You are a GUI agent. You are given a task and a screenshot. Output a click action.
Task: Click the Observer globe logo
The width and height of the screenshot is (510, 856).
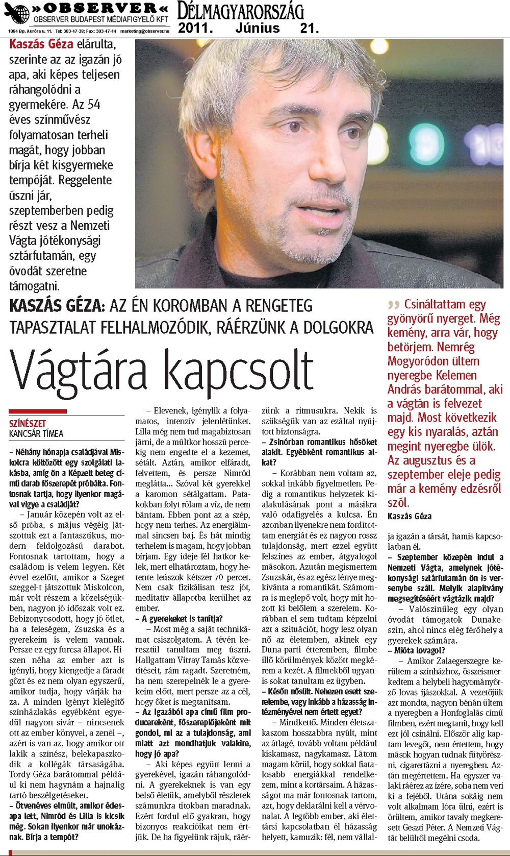tap(17, 14)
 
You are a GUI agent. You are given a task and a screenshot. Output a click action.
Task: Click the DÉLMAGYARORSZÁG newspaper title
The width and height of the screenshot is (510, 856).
tap(240, 11)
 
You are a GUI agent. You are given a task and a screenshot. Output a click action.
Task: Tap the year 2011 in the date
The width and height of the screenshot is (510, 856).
tap(195, 28)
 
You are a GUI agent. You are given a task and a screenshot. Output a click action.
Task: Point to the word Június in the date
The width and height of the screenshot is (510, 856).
tap(257, 28)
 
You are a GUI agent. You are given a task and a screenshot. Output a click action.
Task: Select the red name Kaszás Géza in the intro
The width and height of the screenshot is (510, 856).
tap(41, 44)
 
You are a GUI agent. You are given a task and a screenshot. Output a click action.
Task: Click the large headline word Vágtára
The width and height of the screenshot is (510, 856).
tap(82, 371)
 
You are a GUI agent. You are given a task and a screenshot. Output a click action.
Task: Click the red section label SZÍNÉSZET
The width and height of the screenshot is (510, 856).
tap(28, 424)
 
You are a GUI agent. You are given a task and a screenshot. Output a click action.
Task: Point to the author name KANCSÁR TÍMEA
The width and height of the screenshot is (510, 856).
tap(36, 434)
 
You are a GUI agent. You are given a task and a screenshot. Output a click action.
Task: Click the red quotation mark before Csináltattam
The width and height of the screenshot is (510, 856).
tap(393, 305)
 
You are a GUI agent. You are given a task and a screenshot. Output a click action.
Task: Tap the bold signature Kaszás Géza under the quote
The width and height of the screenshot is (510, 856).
tap(409, 516)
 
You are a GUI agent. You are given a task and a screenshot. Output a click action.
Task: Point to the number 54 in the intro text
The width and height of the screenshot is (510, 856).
tap(94, 105)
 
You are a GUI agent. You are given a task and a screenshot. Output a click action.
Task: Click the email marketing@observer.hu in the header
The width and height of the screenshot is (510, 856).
tap(145, 31)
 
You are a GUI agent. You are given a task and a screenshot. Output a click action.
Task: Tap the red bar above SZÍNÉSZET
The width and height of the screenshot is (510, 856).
tap(38, 411)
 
